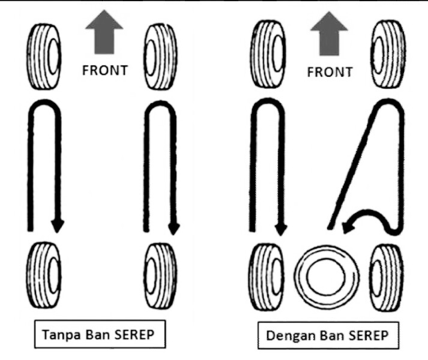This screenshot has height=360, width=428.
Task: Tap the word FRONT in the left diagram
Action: (x=104, y=70)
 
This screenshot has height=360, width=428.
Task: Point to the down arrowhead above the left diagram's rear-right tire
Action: (x=173, y=226)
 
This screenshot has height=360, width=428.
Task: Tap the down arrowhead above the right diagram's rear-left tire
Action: (x=280, y=226)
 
